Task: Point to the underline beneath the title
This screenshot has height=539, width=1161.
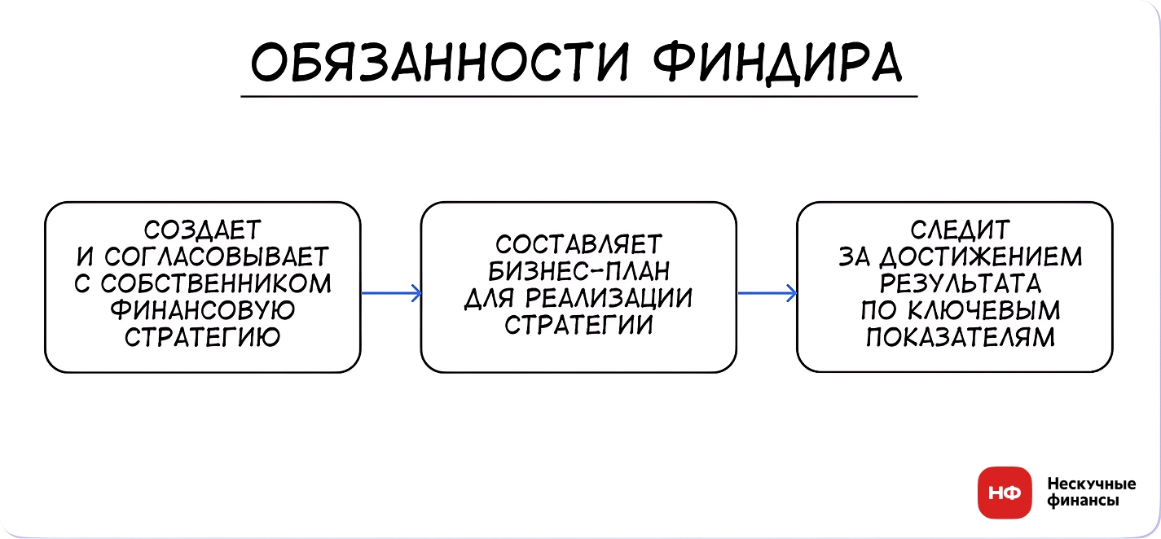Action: click(578, 97)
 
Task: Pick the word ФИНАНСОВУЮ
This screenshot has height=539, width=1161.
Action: click(202, 310)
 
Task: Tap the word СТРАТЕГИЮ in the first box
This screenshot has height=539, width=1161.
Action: click(202, 337)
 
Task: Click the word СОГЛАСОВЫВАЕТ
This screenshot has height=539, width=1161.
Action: click(215, 257)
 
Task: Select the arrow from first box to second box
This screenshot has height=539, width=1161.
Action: click(390, 293)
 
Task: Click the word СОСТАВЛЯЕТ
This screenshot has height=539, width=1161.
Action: click(579, 244)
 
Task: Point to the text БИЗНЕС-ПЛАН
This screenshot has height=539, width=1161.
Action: click(579, 271)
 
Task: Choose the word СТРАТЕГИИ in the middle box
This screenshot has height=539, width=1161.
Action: click(579, 325)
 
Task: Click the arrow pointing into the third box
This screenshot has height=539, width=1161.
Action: click(767, 293)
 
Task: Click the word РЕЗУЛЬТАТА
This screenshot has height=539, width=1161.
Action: click(955, 283)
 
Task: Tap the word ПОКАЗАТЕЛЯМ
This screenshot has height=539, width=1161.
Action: click(955, 337)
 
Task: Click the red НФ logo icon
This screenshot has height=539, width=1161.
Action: click(1004, 493)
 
